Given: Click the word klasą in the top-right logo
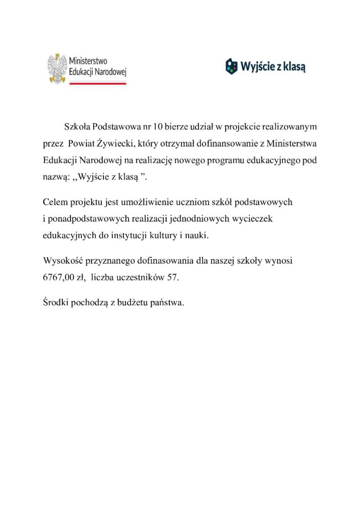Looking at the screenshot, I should click(294, 66).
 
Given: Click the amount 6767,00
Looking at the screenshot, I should click(59, 277).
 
